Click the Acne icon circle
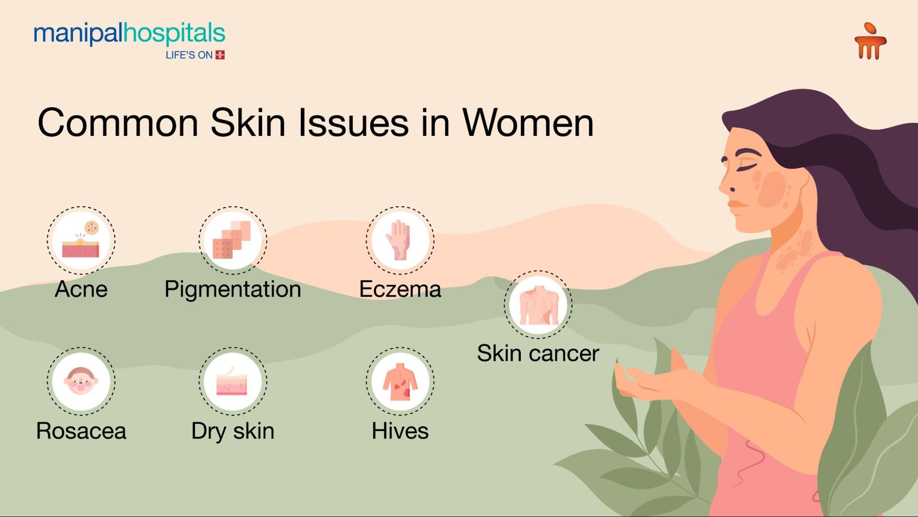(81, 240)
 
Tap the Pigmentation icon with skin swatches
(233, 240)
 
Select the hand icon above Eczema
(400, 240)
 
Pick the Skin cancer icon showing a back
(538, 305)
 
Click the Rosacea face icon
(81, 381)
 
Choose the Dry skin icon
(233, 381)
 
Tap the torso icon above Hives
(400, 381)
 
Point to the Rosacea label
(81, 431)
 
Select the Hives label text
(400, 431)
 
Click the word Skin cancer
(538, 353)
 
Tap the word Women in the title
(528, 123)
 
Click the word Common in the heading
(118, 123)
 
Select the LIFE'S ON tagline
(189, 55)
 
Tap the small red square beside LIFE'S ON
(220, 55)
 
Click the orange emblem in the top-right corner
(870, 41)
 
